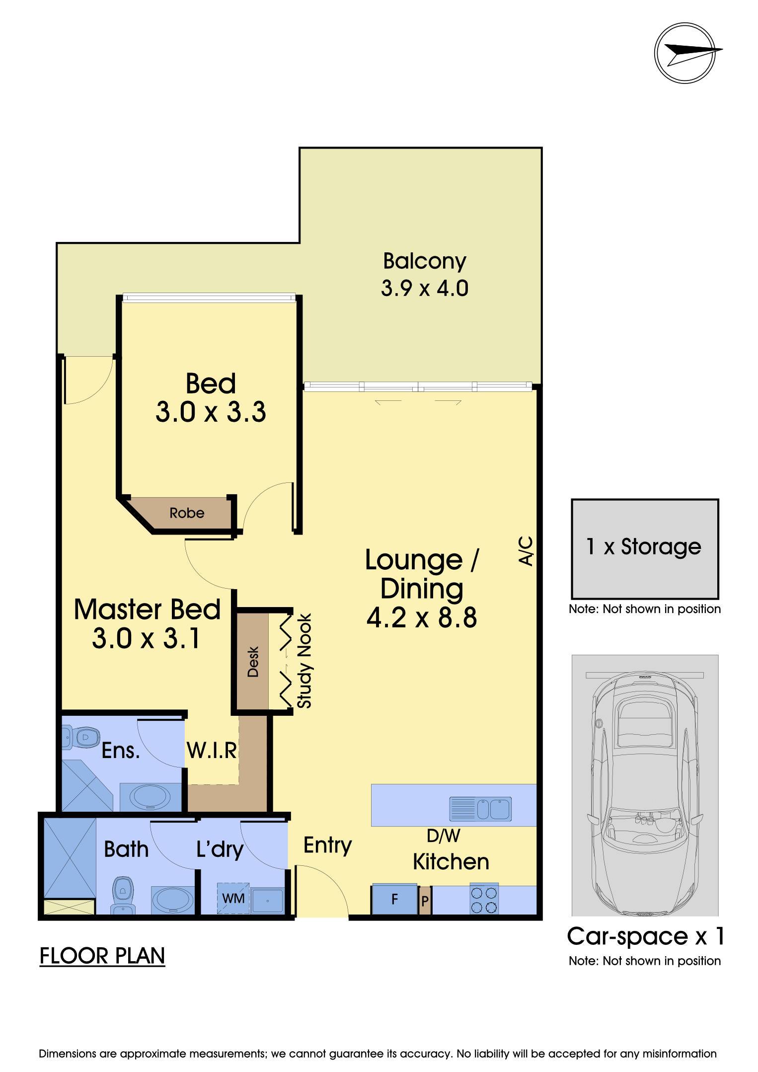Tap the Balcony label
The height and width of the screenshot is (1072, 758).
[425, 261]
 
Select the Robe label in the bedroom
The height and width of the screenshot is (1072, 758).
[187, 513]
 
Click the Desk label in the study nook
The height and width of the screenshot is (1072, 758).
[253, 662]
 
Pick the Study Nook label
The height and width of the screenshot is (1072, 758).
[304, 661]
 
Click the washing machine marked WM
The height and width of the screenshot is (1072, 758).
[233, 898]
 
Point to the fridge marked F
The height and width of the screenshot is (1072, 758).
[394, 899]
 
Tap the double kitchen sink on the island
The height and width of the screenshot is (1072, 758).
[480, 809]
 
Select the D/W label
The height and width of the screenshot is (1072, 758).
[444, 836]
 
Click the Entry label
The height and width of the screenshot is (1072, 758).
[327, 845]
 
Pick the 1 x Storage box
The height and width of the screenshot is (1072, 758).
[645, 548]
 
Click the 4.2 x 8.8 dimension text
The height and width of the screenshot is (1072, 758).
[422, 618]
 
